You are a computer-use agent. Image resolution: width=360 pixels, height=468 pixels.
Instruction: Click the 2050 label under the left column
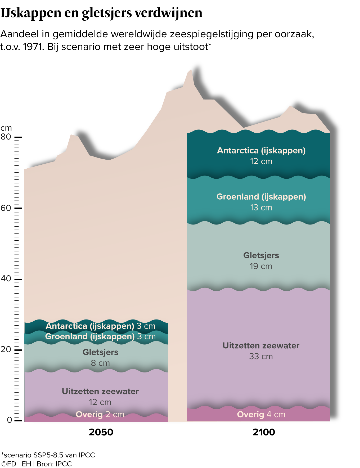tap(101, 432)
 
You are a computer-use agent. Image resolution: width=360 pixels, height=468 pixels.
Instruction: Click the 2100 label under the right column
tap(264, 432)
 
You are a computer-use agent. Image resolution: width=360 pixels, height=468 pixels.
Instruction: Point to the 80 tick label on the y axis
tap(6, 137)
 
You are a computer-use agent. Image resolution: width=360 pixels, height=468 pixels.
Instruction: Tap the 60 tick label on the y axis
tap(6, 208)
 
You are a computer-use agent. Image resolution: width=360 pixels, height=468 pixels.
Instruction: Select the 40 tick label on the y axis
tap(6, 278)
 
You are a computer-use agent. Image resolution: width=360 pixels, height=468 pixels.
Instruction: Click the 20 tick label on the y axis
tap(6, 349)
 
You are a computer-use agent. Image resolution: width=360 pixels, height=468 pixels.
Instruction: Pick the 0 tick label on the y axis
tap(9, 420)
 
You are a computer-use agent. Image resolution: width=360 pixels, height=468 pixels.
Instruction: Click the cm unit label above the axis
tap(6, 128)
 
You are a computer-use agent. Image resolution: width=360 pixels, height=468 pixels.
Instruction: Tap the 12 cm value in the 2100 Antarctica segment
tap(261, 161)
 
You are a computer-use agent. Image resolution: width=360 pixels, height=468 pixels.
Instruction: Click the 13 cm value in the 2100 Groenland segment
tap(261, 208)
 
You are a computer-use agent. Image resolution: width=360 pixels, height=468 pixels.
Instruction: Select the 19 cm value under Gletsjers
tap(261, 266)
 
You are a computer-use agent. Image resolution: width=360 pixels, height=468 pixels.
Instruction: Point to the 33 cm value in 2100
tap(261, 357)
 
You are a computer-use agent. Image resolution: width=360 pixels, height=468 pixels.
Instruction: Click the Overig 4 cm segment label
tap(261, 414)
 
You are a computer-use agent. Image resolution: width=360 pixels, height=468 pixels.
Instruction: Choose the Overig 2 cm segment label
tap(100, 414)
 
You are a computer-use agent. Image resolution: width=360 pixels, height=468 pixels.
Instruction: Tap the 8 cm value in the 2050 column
tap(100, 363)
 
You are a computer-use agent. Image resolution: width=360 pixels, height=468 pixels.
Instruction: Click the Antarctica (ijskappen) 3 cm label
tap(101, 326)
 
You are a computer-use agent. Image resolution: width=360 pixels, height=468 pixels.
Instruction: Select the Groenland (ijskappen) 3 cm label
tap(101, 337)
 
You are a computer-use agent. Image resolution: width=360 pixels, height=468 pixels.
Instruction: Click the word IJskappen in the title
tap(31, 13)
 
